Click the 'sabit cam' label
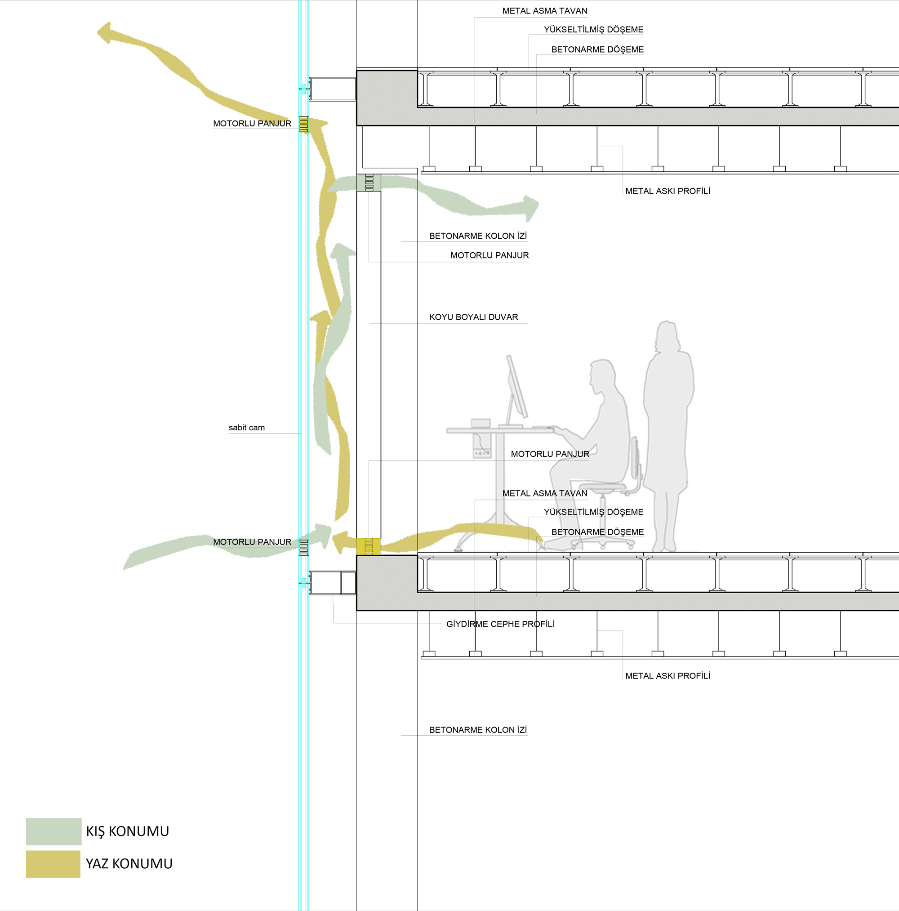pos(247,428)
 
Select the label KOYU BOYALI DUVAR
pos(473,317)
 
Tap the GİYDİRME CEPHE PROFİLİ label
pos(500,624)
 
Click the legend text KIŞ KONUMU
pos(127,831)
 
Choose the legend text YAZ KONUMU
pos(129,863)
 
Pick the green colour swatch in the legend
pos(54,831)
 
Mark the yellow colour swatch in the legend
pos(53,864)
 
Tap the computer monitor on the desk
pos(517,386)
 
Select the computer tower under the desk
pos(482,438)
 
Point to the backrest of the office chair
pos(636,460)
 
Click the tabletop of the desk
pos(500,430)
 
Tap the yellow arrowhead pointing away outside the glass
pos(106,33)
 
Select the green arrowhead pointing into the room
pos(531,208)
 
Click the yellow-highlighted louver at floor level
pos(369,546)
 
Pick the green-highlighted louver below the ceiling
pos(369,183)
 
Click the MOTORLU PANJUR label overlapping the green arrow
pos(252,542)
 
